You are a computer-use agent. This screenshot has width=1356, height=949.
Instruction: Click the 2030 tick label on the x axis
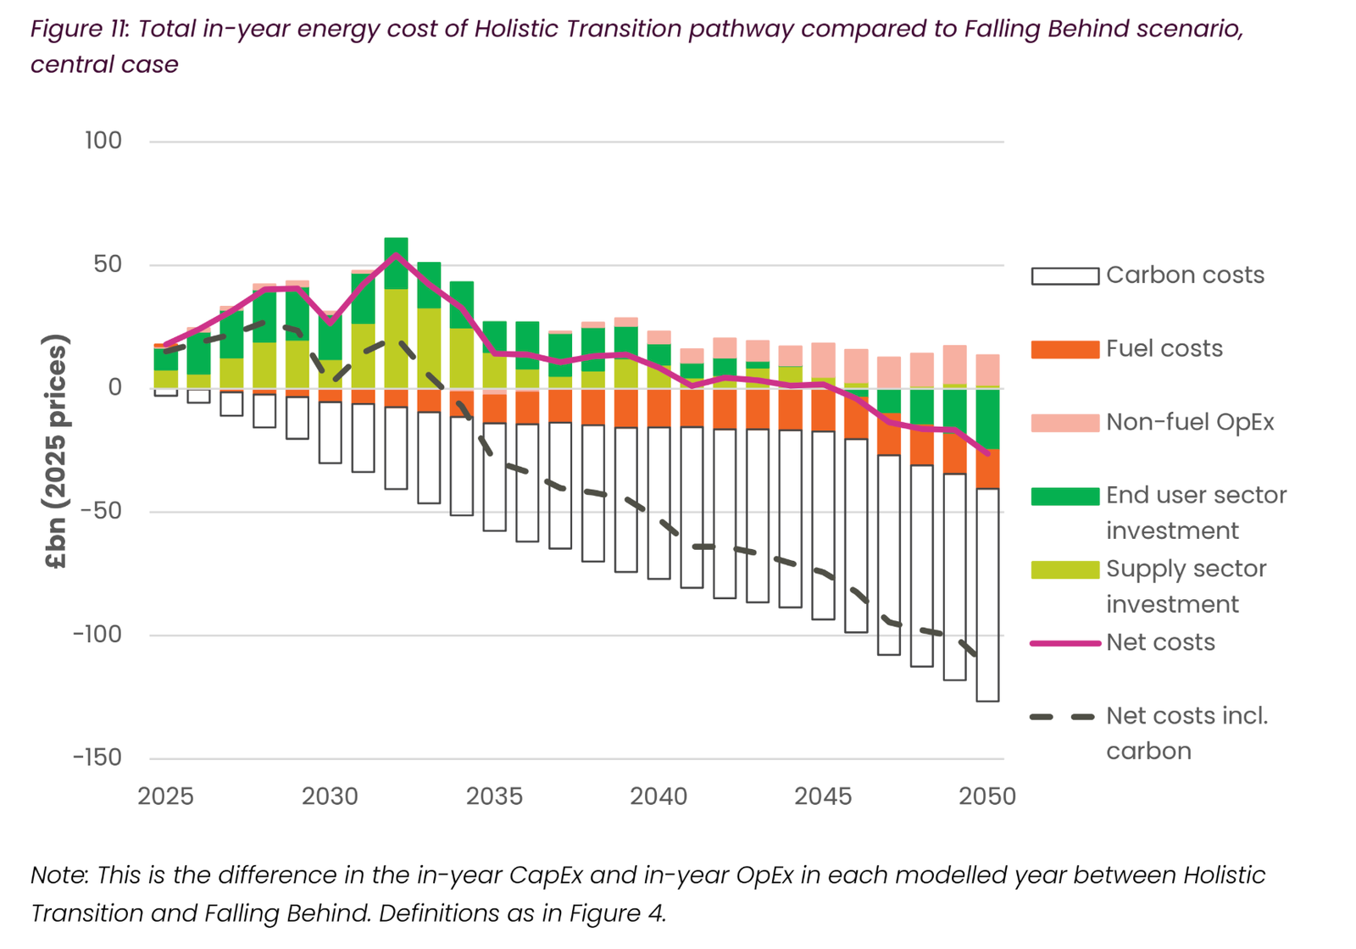[x=330, y=796]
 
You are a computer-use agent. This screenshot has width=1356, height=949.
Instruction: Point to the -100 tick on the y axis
[x=97, y=635]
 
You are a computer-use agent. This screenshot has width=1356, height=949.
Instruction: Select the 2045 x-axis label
[x=823, y=796]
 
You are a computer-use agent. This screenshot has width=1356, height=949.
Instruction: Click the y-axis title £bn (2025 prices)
[x=56, y=452]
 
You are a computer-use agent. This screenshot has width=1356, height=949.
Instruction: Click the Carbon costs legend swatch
[x=1064, y=276]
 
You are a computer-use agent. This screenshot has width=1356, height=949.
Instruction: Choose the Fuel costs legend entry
[x=1164, y=349]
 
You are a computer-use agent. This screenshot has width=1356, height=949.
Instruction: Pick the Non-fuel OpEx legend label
[x=1189, y=423]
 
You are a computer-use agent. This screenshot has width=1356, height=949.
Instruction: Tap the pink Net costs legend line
[x=1064, y=643]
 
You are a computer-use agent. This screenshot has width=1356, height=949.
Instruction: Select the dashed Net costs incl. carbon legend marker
[x=1064, y=717]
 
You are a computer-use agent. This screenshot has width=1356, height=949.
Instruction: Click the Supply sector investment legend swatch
[x=1064, y=569]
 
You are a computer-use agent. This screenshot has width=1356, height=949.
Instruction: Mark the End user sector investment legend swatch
[x=1064, y=497]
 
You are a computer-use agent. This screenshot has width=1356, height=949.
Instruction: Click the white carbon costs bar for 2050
[x=987, y=593]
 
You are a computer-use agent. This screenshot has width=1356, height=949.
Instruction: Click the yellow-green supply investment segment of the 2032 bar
[x=396, y=339]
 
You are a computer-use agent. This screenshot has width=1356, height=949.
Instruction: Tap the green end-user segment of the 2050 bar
[x=987, y=418]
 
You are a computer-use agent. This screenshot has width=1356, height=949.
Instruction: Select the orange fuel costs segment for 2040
[x=659, y=408]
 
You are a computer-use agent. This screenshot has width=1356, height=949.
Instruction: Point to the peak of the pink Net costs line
[x=396, y=254]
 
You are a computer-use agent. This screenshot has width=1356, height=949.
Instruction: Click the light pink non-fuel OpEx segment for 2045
[x=823, y=360]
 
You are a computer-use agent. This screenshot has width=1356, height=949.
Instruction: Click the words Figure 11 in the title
[x=78, y=30]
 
